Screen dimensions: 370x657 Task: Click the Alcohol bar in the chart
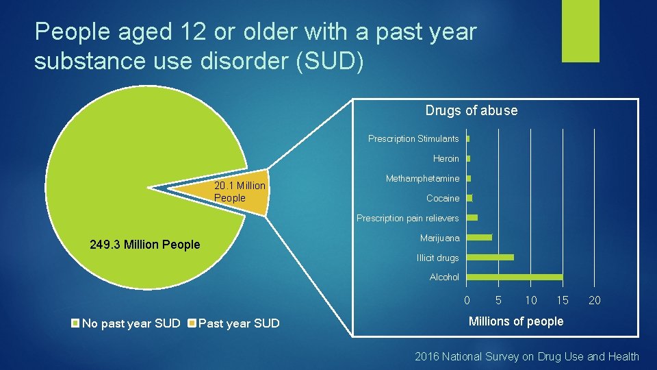[x=514, y=277]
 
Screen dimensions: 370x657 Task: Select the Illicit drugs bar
[x=489, y=258]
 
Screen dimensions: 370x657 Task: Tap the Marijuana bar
[x=478, y=238]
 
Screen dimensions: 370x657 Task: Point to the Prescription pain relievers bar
[x=472, y=218]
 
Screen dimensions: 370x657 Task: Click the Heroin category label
[x=446, y=159]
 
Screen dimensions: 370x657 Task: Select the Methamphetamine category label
[x=422, y=179]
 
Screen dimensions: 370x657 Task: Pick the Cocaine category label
[x=443, y=199]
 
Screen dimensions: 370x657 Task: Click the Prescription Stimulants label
[x=413, y=139]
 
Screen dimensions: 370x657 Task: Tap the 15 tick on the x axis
[x=563, y=300]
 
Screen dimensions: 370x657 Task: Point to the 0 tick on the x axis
[x=467, y=300]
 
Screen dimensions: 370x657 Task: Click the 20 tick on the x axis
[x=595, y=300]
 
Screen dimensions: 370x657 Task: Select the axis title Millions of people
[x=515, y=321]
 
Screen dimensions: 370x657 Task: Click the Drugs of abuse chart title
[x=471, y=110]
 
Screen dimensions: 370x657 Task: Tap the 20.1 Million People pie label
[x=239, y=192]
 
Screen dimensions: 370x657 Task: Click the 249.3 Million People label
[x=145, y=245]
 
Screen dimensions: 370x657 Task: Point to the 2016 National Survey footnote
[x=526, y=356]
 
